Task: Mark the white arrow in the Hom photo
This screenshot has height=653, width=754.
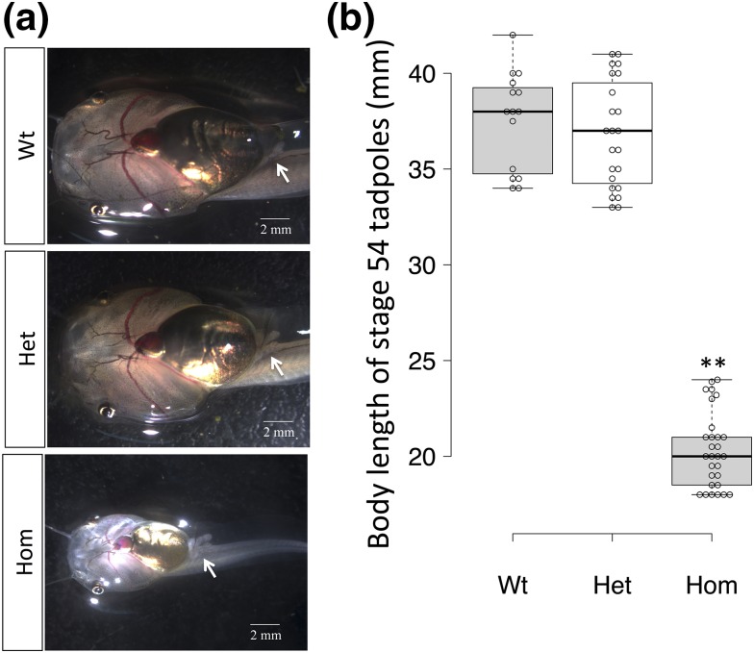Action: pyautogui.click(x=209, y=569)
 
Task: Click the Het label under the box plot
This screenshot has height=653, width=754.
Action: pyautogui.click(x=613, y=585)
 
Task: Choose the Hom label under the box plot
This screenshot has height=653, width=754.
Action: pyautogui.click(x=712, y=585)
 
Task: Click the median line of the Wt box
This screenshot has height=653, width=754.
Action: pyautogui.click(x=513, y=112)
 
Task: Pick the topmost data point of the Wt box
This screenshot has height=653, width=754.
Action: pyautogui.click(x=513, y=36)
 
